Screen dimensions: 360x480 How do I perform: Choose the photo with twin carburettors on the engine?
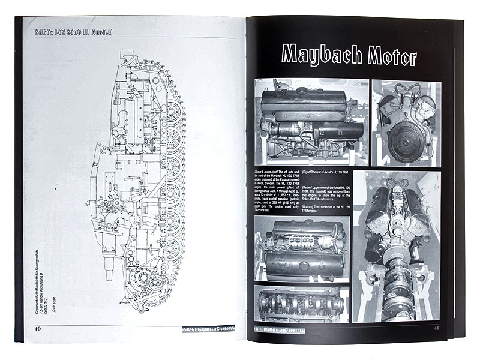pos(311,248)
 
